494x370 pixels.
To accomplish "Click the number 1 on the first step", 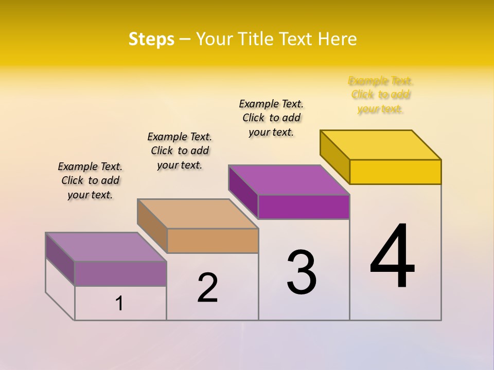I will (x=119, y=303).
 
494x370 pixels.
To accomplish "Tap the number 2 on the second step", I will (x=207, y=287).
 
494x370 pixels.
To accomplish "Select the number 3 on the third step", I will (x=302, y=272).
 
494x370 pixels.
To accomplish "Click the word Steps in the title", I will (x=151, y=39).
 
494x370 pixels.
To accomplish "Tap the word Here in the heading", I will (x=338, y=39).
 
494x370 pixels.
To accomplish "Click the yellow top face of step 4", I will (x=381, y=144).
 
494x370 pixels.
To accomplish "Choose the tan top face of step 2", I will (x=198, y=214).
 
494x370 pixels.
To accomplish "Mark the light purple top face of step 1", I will (x=106, y=247).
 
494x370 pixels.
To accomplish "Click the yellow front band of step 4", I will (x=395, y=172).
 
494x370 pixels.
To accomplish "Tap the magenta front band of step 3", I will (x=304, y=207).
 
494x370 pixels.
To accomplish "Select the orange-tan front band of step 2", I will (x=213, y=240).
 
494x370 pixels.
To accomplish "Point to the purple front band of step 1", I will (x=120, y=273).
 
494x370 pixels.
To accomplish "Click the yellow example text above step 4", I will (x=381, y=95).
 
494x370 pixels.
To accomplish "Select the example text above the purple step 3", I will (x=271, y=118).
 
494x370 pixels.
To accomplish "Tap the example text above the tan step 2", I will (x=180, y=151).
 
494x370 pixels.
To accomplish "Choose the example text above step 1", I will (x=90, y=180).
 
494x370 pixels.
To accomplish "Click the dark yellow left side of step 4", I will (x=334, y=157).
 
